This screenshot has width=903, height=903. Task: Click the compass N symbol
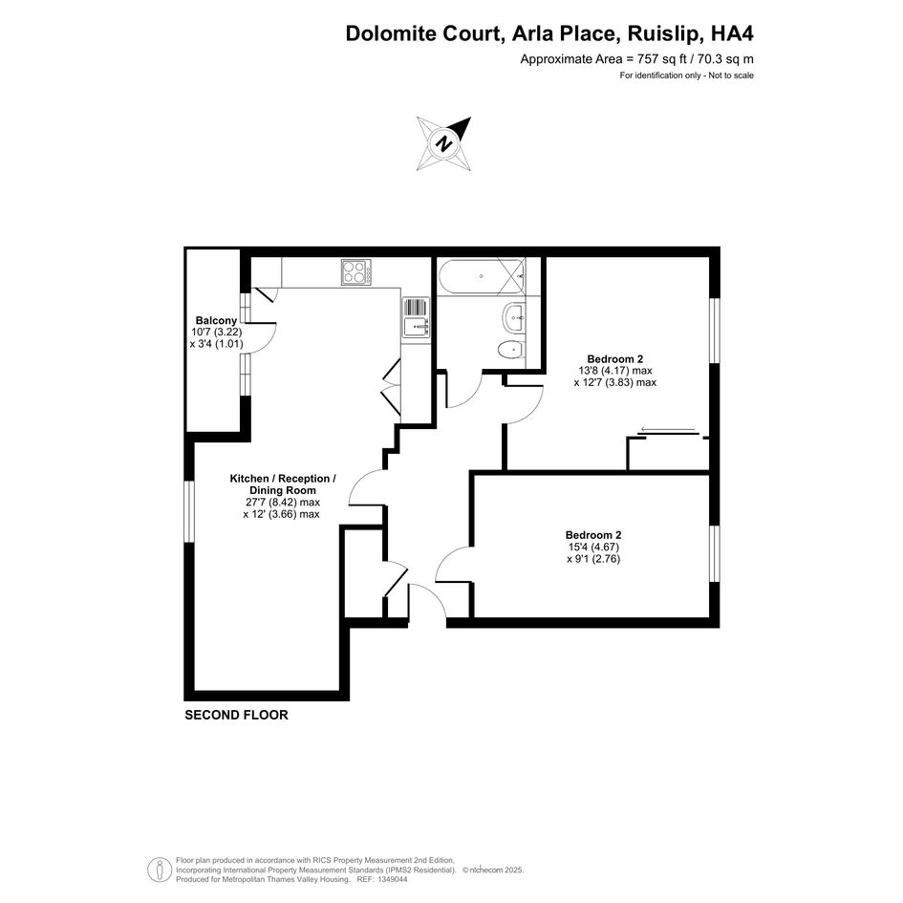(443, 143)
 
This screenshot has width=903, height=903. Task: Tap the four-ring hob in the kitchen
(355, 271)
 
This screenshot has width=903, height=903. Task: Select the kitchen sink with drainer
(416, 316)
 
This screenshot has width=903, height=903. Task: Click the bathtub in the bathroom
(481, 276)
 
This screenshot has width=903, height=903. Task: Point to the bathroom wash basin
(514, 318)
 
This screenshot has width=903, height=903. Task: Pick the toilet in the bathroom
(511, 350)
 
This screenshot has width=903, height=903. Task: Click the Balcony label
(216, 321)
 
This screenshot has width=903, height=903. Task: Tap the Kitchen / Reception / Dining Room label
(283, 484)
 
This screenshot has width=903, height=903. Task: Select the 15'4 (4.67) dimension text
(593, 548)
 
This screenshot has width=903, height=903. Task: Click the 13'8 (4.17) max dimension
(615, 371)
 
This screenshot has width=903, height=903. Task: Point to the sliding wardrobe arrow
(668, 430)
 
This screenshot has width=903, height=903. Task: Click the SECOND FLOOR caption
(236, 716)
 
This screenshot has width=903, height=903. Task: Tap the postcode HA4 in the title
(732, 33)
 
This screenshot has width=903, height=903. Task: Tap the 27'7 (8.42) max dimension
(283, 503)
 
